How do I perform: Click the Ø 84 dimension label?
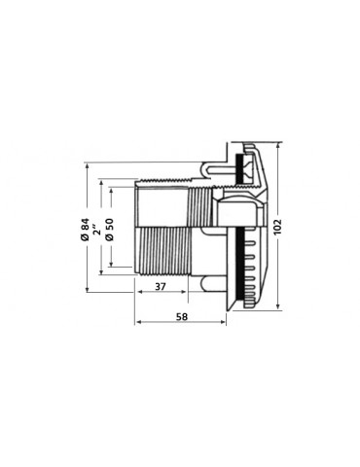click(86, 230)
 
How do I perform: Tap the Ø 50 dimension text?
click(110, 230)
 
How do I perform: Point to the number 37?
click(161, 287)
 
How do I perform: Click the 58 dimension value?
click(182, 316)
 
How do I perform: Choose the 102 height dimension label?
click(277, 227)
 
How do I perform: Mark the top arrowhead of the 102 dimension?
click(277, 145)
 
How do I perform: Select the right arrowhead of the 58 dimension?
click(223, 322)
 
